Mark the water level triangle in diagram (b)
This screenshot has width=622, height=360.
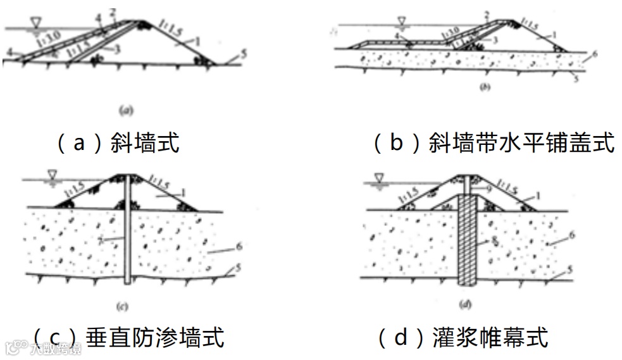(400, 22)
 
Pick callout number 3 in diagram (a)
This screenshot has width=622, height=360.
(118, 48)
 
